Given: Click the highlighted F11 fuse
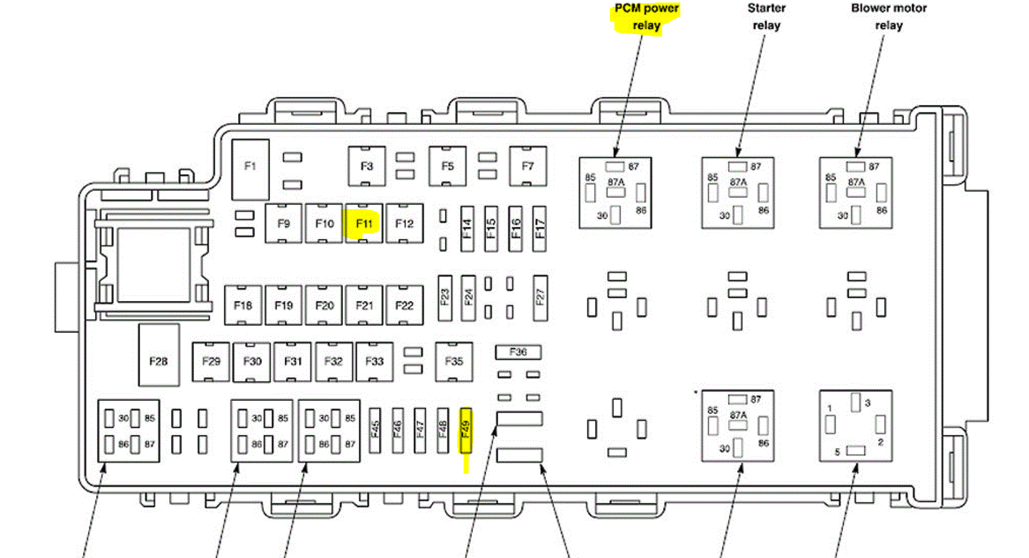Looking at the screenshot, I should click(x=364, y=224).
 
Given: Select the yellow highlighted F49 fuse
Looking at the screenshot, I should click(x=465, y=430).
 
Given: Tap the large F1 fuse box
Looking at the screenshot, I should click(x=250, y=167).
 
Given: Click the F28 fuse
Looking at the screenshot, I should click(x=158, y=361).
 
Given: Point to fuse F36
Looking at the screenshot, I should click(x=518, y=352).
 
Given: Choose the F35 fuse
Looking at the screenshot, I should click(x=454, y=361).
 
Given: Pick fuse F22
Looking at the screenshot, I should click(x=405, y=305).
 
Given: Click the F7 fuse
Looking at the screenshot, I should click(x=528, y=167).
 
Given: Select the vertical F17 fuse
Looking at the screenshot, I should click(x=540, y=228).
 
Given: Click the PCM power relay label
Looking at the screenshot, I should click(x=646, y=17).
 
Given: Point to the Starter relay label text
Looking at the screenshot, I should click(x=766, y=17).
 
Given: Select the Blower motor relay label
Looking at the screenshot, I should click(x=889, y=17).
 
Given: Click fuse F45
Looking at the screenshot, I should click(x=375, y=430).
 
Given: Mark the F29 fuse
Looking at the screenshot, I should click(x=211, y=361).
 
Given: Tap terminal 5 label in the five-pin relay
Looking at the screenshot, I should click(x=837, y=452).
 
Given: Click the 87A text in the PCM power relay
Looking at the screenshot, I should click(x=616, y=182).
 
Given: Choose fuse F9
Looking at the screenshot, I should click(x=284, y=224).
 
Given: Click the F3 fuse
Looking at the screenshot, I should click(x=367, y=167).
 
